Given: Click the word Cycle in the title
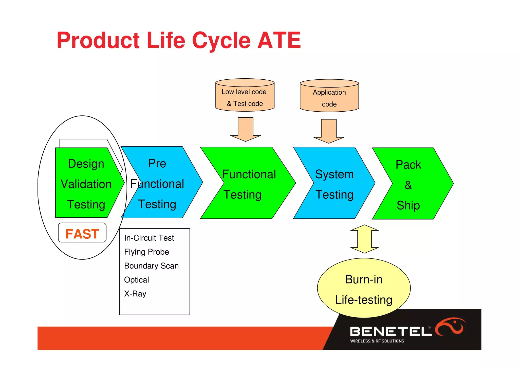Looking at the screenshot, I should click(x=221, y=41).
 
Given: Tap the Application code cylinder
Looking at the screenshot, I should click(x=329, y=96).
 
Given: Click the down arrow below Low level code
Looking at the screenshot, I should click(x=245, y=129).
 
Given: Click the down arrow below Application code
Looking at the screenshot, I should click(x=329, y=131).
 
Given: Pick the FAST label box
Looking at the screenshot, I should click(x=82, y=233).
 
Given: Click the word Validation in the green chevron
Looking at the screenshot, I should click(x=86, y=184).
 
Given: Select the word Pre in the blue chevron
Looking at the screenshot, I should click(x=157, y=164).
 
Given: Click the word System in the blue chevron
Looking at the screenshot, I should click(x=334, y=174).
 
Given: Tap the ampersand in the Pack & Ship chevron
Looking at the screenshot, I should click(x=408, y=185).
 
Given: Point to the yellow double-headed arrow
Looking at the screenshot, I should click(x=364, y=239).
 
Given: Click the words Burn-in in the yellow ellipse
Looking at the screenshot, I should click(x=364, y=279).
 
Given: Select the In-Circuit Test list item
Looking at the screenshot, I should click(x=149, y=238).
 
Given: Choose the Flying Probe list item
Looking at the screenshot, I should click(x=146, y=252).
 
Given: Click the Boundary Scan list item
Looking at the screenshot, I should click(x=151, y=266).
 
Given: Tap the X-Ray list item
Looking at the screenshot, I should click(x=135, y=294).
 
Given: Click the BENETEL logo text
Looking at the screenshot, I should click(x=391, y=331).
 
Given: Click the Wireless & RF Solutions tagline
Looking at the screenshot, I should click(x=377, y=341).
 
